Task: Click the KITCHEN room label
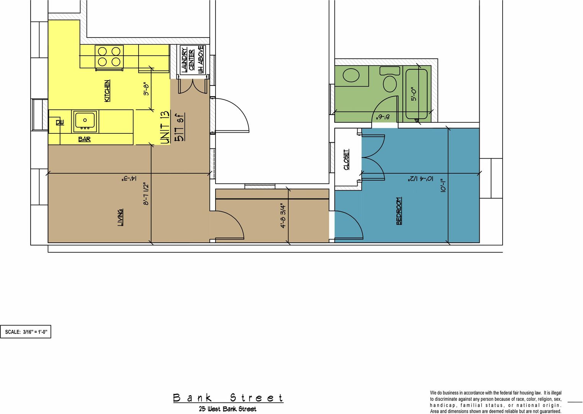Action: tap(107, 91)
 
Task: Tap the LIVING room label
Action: tap(120, 217)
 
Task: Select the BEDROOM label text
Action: tap(399, 211)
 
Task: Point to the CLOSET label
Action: tap(346, 159)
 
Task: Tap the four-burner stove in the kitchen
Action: tap(109, 56)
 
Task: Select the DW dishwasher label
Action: tap(60, 122)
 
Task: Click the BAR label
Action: tap(85, 139)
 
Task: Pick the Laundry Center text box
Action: tap(193, 60)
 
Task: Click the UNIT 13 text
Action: tap(165, 128)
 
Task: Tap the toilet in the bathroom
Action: tap(390, 80)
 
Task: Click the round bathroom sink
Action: tap(351, 75)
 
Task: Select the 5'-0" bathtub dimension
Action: tap(413, 93)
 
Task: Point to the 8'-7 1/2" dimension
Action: tap(146, 194)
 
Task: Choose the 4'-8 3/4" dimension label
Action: tap(283, 216)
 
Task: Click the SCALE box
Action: tap(26, 332)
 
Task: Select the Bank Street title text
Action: tap(228, 398)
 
